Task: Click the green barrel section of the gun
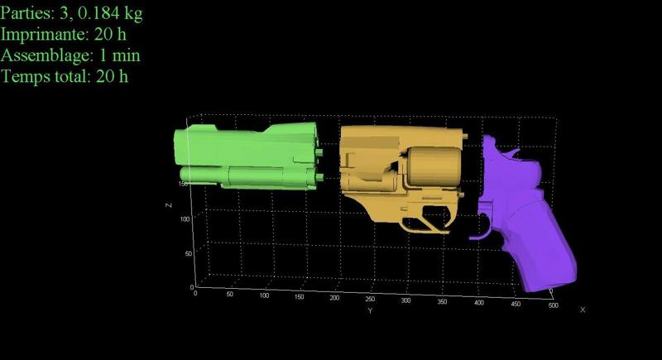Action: (x=247, y=156)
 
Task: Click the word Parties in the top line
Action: (x=27, y=12)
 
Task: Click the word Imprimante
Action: (x=44, y=34)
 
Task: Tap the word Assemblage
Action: (x=46, y=55)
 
